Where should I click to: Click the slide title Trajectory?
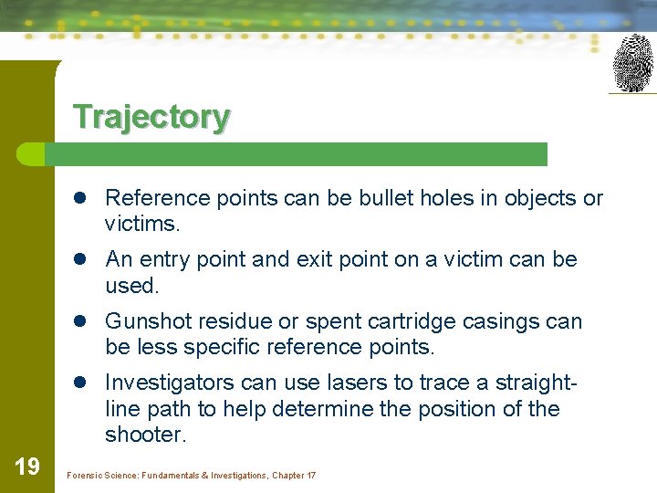pyautogui.click(x=151, y=117)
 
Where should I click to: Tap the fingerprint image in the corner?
pyautogui.click(x=632, y=63)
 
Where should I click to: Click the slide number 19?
pyautogui.click(x=27, y=467)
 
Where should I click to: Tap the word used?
pyautogui.click(x=132, y=285)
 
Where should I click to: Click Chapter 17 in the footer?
pyautogui.click(x=294, y=476)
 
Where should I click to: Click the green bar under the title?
pyautogui.click(x=301, y=154)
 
